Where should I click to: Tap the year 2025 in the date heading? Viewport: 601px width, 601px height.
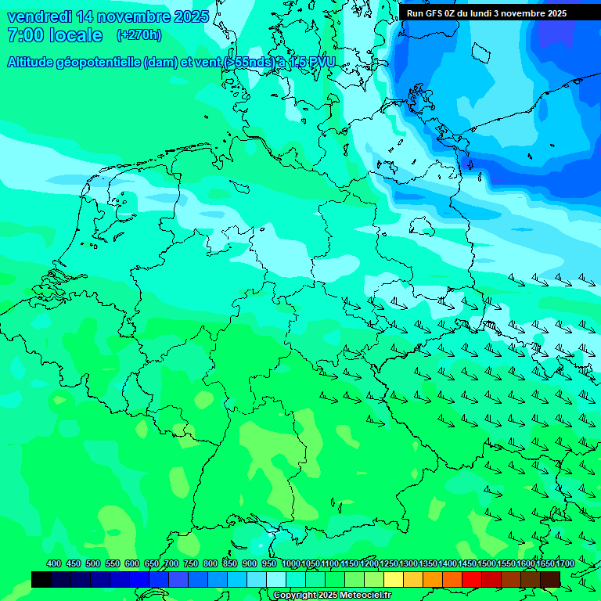190,16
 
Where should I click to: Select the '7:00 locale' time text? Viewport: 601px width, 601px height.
54,35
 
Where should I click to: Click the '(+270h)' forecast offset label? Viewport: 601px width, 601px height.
139,34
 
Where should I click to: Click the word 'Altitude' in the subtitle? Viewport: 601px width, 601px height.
34,63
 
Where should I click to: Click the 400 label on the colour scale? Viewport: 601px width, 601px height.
54,563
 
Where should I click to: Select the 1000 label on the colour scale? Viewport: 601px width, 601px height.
291,563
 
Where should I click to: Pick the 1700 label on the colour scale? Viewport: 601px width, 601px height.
566,563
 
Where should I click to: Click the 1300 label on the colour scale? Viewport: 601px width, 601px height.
408,563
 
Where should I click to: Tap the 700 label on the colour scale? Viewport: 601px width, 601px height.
171,563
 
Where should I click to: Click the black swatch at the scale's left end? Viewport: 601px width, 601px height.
41,579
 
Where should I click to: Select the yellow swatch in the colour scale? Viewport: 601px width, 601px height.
394,579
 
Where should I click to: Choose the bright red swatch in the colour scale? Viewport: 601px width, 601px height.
472,579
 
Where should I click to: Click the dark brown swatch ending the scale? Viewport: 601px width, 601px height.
550,579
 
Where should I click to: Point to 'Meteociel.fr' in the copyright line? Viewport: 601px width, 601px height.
365,596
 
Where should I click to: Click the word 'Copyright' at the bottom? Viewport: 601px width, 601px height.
295,596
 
